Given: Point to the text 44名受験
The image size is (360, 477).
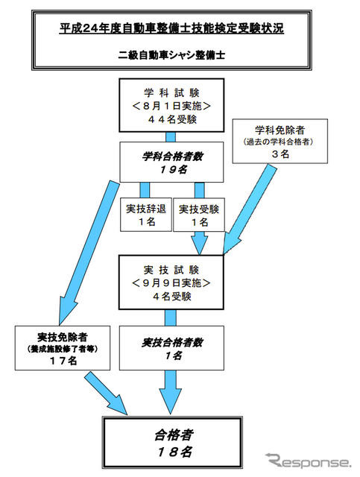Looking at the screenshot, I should click(171, 119).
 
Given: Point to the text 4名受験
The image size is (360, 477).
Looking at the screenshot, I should click(171, 297).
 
